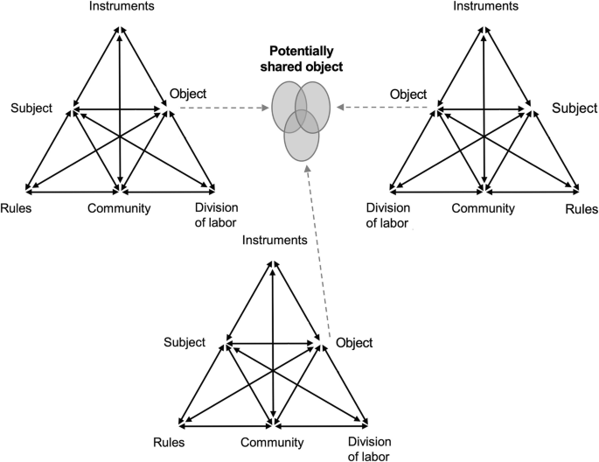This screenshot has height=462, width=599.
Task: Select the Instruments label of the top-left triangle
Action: coord(121,7)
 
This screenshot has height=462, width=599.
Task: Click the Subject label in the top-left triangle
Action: coord(32,108)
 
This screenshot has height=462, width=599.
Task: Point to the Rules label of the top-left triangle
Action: coord(17,207)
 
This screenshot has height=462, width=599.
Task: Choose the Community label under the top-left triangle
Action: coord(120,207)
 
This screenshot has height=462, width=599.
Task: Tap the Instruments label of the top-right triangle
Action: coord(486,7)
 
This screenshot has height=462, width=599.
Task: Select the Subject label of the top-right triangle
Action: coord(573,108)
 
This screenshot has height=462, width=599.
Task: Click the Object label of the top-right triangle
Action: coord(408,94)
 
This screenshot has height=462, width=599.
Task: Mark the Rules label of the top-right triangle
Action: coord(582,209)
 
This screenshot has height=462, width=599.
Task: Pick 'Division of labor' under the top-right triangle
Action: coord(387,214)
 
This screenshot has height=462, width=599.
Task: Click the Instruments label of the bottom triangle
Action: coord(274,240)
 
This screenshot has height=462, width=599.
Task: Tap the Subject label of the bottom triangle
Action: coord(185,341)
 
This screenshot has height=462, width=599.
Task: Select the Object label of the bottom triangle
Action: coord(354,342)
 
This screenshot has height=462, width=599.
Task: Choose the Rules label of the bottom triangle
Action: coord(168,442)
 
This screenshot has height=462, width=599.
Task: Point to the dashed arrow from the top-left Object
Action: coord(219,109)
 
